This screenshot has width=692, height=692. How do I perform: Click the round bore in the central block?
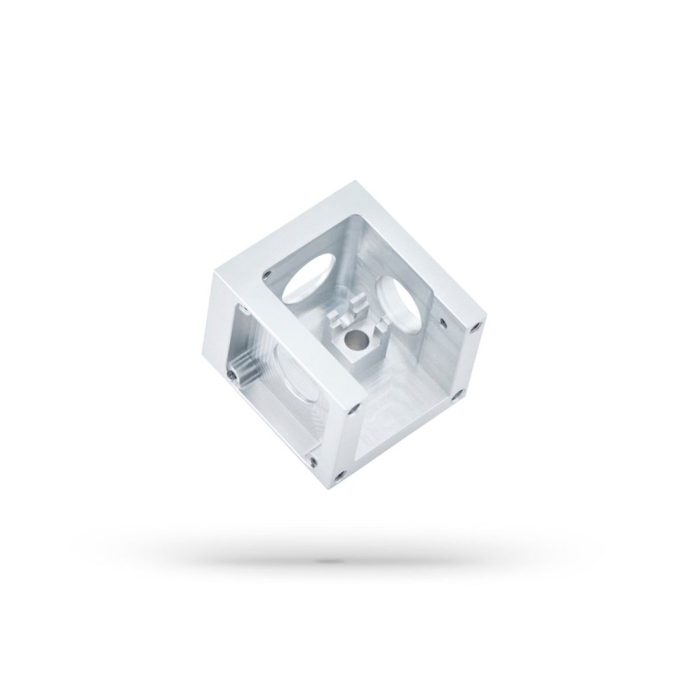coord(354,343)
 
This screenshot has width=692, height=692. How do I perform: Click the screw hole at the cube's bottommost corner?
coord(340,473)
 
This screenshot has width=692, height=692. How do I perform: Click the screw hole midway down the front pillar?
coord(352,404)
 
